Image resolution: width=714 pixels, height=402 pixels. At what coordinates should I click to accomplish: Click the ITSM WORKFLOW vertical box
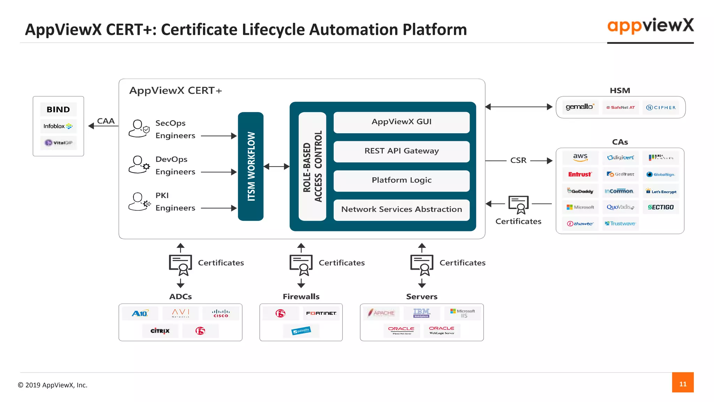(x=251, y=166)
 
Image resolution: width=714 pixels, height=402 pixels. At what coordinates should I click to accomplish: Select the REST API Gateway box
(x=401, y=151)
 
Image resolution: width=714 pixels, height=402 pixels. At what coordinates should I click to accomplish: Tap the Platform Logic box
(x=401, y=180)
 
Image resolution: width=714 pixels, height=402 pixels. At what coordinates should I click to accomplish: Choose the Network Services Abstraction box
(x=401, y=209)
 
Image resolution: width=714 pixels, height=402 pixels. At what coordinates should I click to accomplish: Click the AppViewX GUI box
(x=401, y=122)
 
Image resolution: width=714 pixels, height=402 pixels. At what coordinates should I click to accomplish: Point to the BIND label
(x=58, y=110)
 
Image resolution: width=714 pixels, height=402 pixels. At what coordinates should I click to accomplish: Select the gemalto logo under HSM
(x=580, y=107)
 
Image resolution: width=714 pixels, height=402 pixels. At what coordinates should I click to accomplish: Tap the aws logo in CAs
(x=580, y=157)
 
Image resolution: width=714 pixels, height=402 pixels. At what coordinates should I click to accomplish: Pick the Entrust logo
(x=580, y=174)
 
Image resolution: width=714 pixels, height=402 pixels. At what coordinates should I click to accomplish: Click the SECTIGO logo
(x=661, y=207)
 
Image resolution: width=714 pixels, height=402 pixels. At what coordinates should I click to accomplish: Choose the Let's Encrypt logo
(x=661, y=191)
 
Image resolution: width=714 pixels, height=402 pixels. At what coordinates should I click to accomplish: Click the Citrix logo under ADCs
(x=160, y=330)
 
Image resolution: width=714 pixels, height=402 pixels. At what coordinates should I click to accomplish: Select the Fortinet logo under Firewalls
(x=321, y=313)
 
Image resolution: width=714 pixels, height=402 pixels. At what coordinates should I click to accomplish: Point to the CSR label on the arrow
(x=518, y=160)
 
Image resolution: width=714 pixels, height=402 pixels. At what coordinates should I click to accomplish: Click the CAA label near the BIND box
(x=106, y=121)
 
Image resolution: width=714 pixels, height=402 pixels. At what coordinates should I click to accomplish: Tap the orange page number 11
(x=683, y=384)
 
